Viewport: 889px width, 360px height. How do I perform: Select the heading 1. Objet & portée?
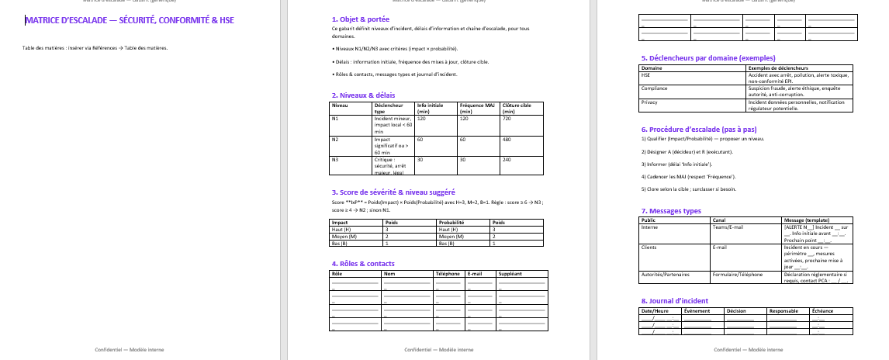point(360,18)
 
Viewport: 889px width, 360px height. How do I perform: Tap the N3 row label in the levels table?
point(335,159)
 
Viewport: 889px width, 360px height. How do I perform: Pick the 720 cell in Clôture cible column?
point(508,119)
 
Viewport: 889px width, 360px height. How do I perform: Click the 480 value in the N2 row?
point(508,139)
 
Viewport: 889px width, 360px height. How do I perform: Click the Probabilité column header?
point(452,221)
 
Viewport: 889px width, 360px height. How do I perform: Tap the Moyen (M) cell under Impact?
point(344,235)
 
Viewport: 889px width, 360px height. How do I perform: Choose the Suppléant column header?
point(510,274)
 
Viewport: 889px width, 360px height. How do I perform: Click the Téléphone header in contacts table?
point(448,274)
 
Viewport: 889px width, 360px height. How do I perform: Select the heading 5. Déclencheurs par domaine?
point(707,57)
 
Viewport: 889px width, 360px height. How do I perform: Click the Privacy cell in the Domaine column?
point(650,102)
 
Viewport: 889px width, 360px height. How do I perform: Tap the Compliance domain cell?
point(655,88)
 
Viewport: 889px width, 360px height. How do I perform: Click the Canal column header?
point(719,220)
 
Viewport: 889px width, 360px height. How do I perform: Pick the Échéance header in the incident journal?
point(822,311)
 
